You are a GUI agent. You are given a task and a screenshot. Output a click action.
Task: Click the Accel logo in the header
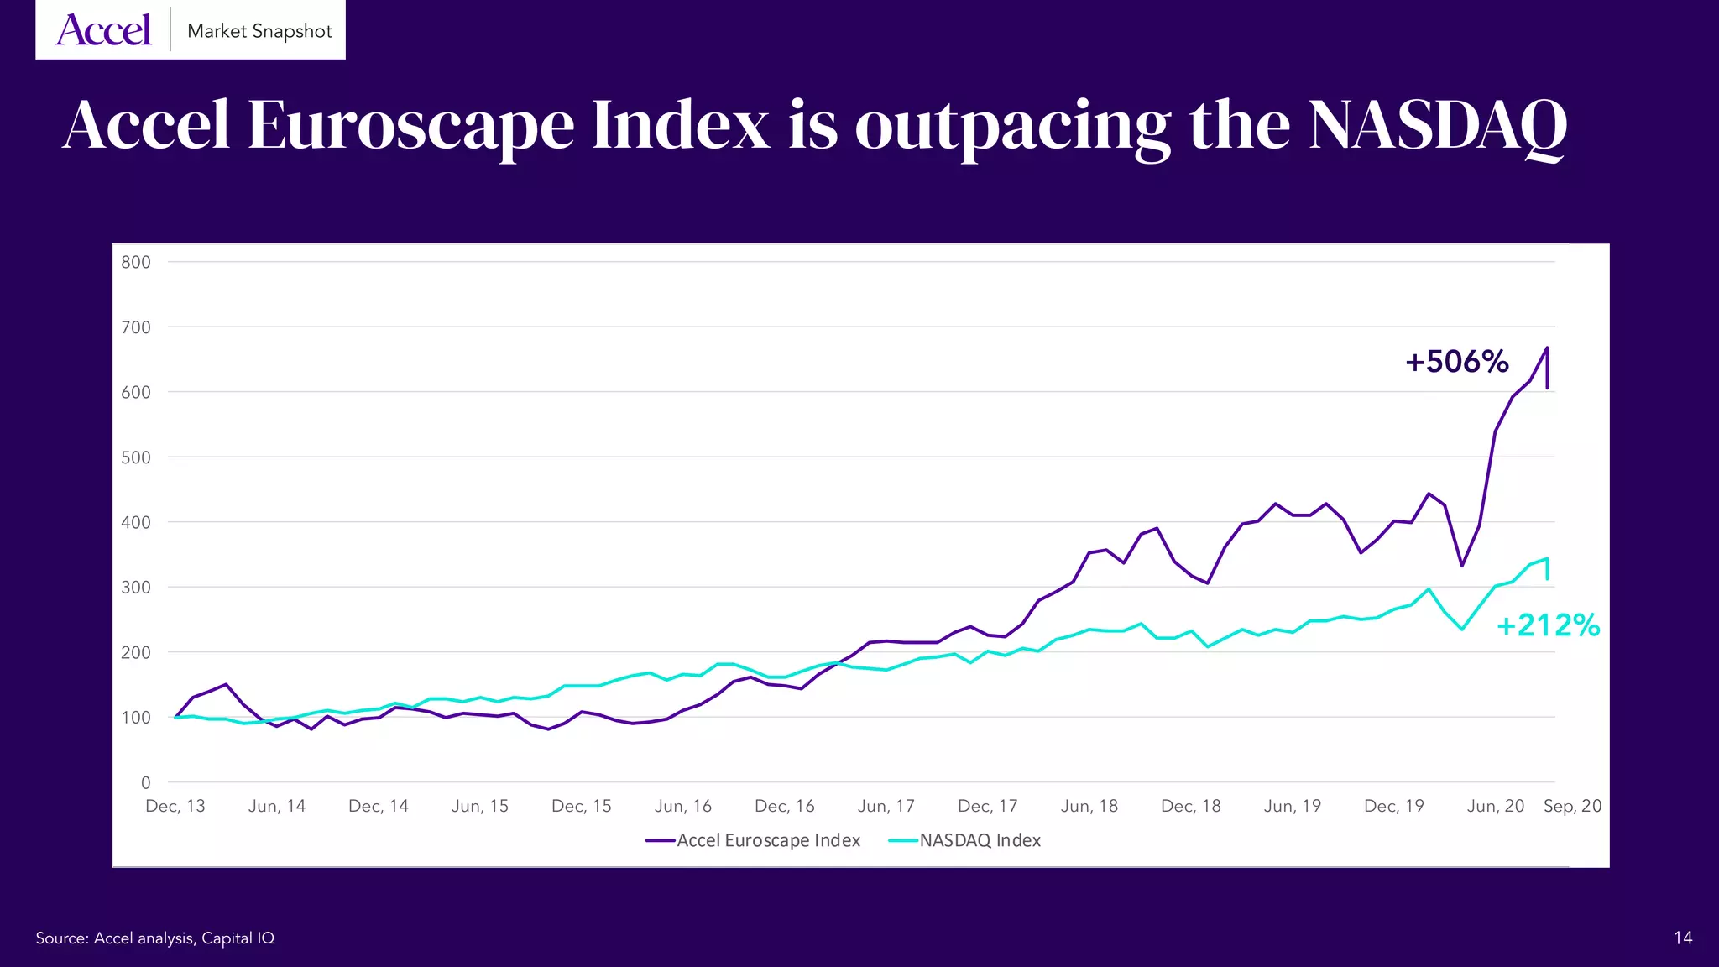(x=103, y=30)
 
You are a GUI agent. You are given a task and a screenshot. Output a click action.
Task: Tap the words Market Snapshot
(x=259, y=31)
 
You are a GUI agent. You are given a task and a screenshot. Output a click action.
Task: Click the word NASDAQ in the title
(x=1437, y=125)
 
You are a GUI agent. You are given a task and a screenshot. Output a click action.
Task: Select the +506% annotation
(x=1457, y=362)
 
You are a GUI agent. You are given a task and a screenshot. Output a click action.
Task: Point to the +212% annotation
(x=1549, y=625)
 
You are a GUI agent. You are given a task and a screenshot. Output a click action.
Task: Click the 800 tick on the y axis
(x=136, y=262)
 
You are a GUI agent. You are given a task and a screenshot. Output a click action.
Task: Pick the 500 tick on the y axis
(x=136, y=457)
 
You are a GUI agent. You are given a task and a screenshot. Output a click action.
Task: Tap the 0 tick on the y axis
(x=146, y=782)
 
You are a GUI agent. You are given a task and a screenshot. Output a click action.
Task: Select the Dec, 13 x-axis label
(x=175, y=806)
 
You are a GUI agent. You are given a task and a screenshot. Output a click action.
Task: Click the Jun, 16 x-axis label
(x=683, y=806)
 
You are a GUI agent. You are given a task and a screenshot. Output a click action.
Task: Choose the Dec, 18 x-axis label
(x=1191, y=806)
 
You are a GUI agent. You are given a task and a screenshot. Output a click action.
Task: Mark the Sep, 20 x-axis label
(x=1572, y=806)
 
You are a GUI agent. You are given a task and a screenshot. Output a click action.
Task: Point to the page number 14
(x=1683, y=938)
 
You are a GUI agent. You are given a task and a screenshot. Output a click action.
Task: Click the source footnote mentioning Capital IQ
(x=155, y=938)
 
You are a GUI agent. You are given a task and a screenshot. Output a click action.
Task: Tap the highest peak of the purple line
(x=1547, y=348)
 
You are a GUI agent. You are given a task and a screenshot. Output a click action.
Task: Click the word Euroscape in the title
(x=410, y=125)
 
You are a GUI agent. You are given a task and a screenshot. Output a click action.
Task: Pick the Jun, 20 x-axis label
(x=1496, y=806)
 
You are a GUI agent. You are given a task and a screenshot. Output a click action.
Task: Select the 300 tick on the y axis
(x=136, y=588)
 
